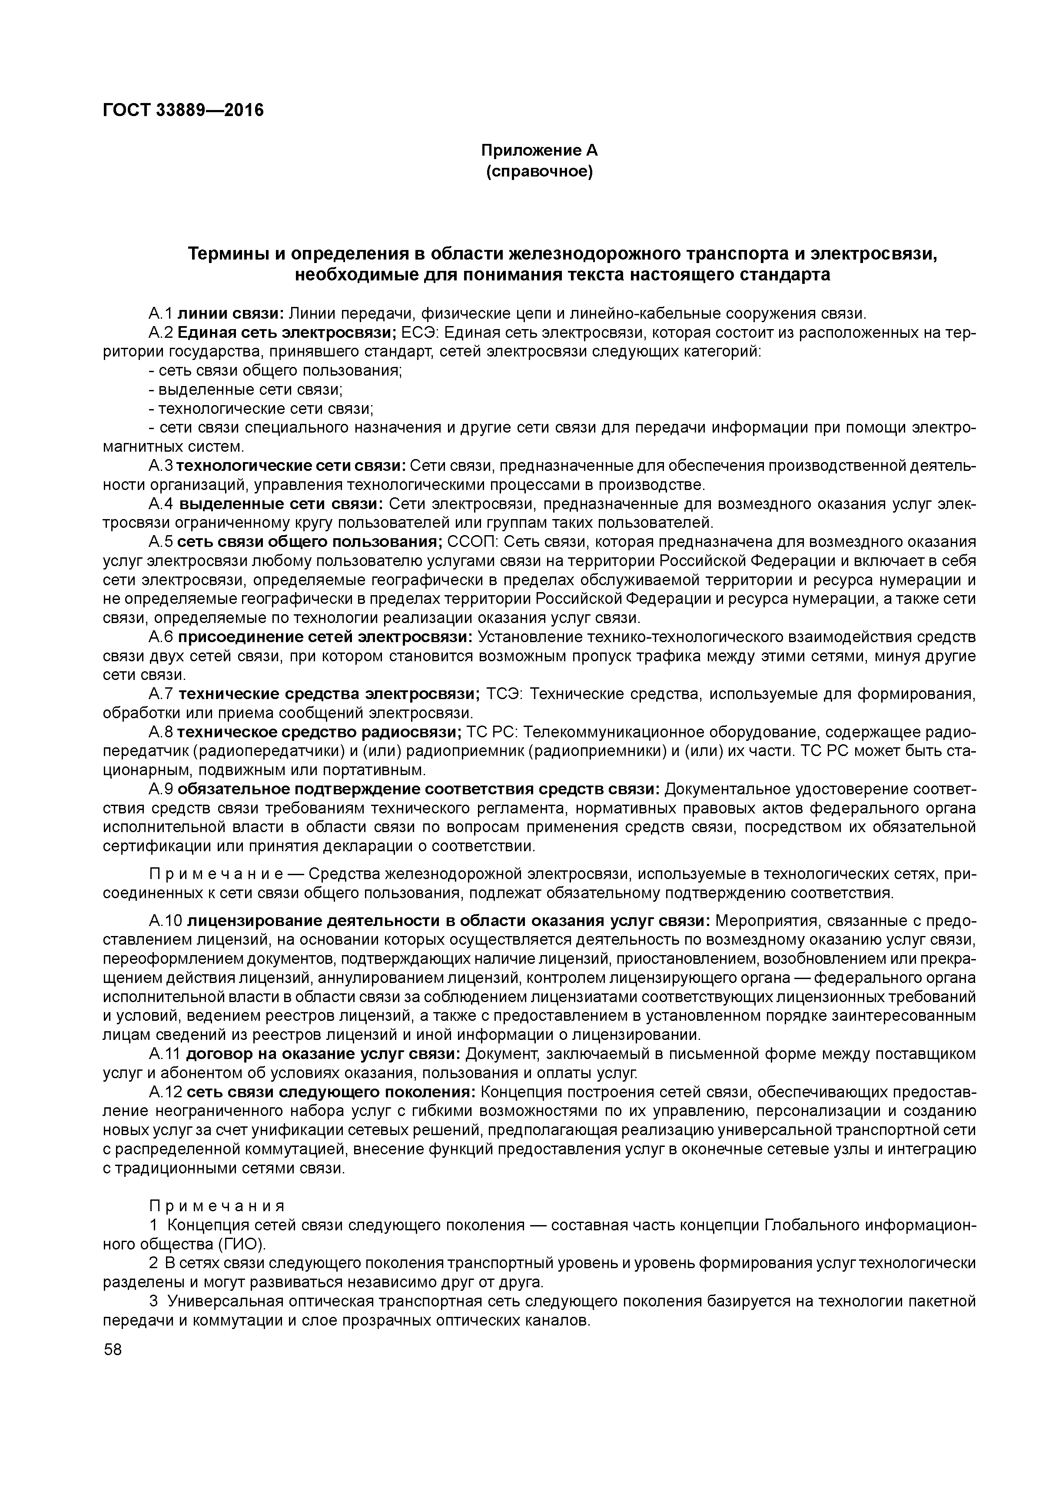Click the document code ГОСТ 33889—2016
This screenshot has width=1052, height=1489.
pos(183,110)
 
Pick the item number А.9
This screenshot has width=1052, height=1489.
pos(161,789)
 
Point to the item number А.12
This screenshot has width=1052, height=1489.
pos(165,1092)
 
